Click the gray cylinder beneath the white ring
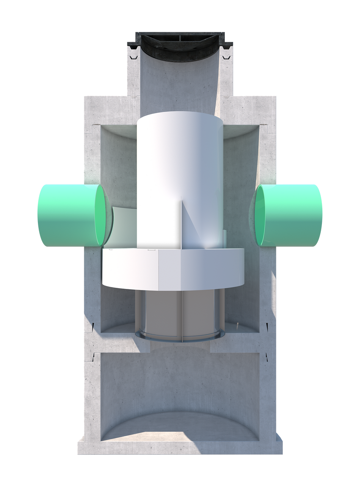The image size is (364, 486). [159, 311]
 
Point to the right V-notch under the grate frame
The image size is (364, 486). [227, 58]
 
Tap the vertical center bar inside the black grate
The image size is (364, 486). [179, 38]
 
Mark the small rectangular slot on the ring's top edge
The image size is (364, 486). [151, 250]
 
